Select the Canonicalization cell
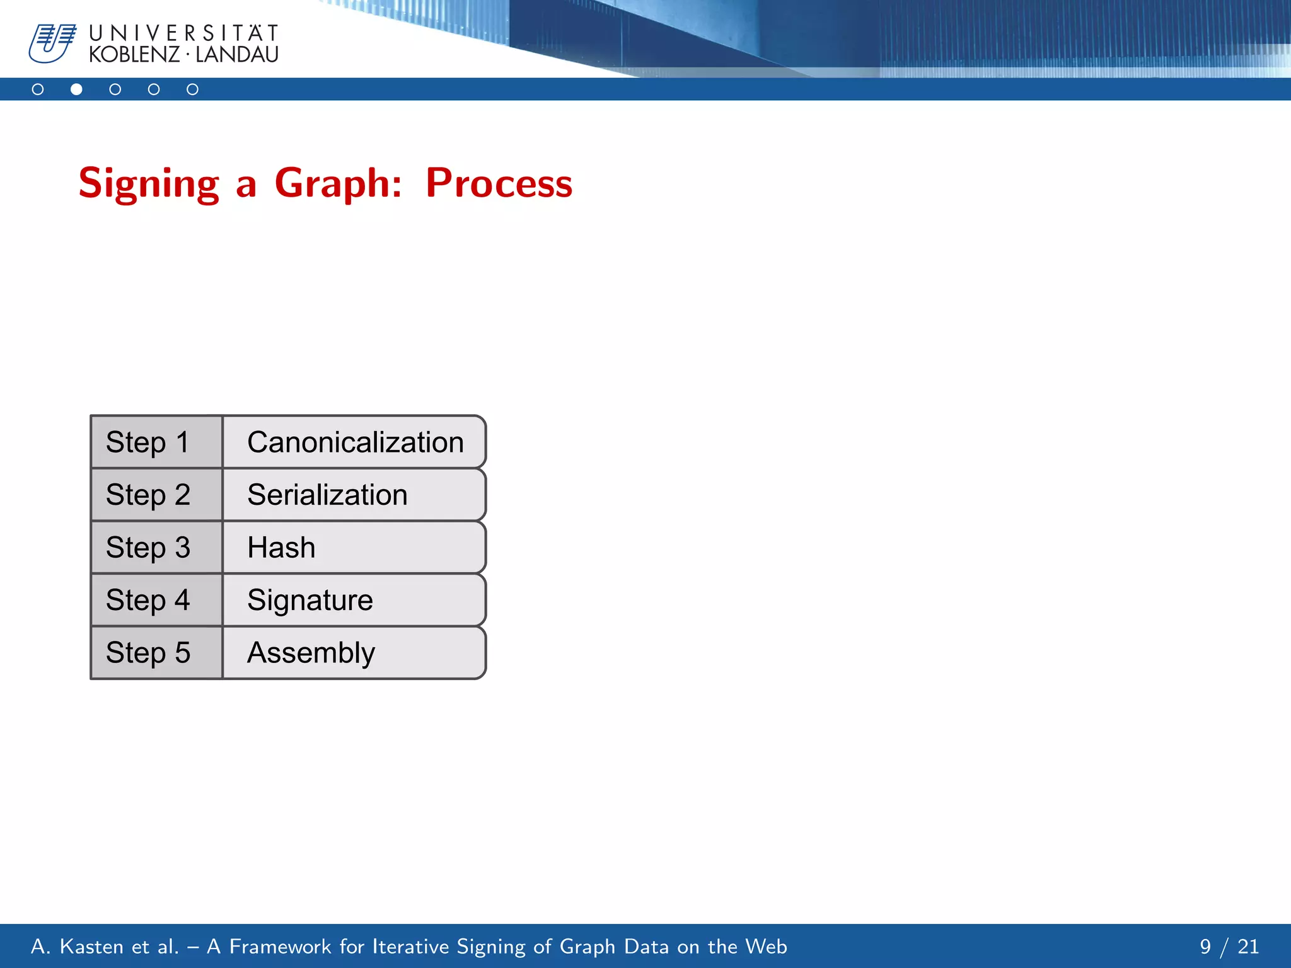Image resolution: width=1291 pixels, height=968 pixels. coord(354,442)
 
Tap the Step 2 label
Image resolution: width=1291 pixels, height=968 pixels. coord(148,495)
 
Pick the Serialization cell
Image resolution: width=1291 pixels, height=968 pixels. coord(354,495)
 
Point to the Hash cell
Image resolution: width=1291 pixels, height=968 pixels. coord(354,547)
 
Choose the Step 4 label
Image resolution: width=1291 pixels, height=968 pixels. coord(148,600)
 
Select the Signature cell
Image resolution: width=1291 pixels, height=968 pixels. coord(354,600)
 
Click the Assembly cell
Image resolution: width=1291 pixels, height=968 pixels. coord(354,653)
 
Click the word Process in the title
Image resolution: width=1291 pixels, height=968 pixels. coord(499,183)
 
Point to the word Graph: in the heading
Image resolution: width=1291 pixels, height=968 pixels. coord(338,183)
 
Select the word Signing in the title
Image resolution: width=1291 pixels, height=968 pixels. coord(149,183)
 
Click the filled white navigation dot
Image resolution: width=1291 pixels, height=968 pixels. coord(76,89)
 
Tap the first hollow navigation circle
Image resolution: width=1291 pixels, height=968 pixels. coord(38,89)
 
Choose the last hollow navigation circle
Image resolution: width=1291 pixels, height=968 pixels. coord(192,89)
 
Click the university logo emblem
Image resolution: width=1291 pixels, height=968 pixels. coord(52,43)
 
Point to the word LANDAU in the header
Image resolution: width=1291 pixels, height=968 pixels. coord(237,55)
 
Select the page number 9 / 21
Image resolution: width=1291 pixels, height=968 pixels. coord(1229,947)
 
